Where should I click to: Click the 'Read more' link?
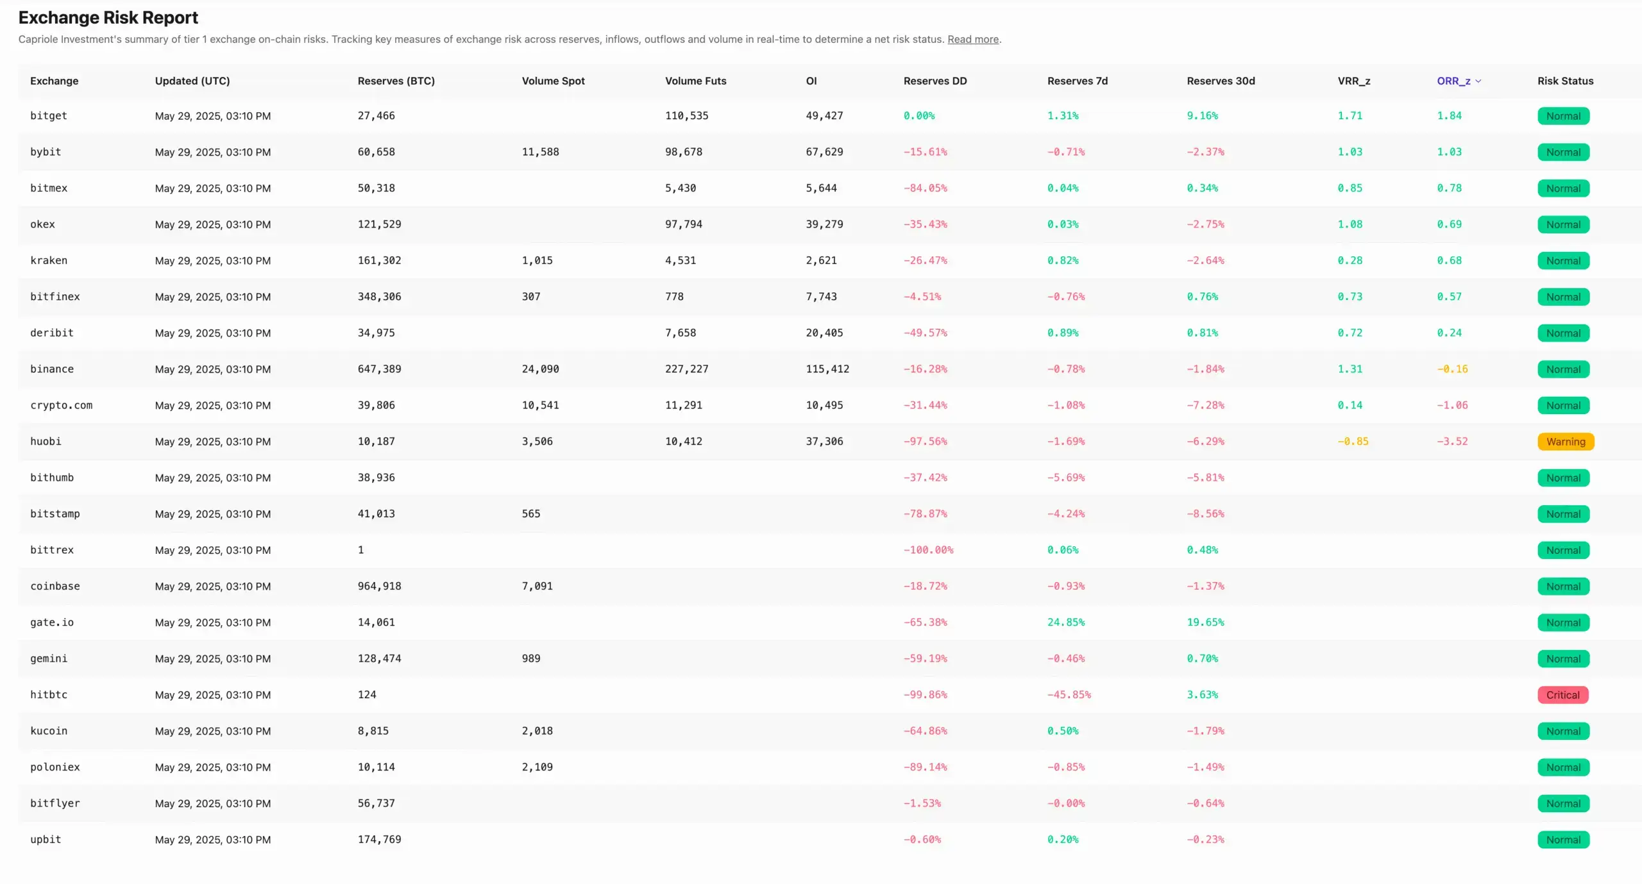972,39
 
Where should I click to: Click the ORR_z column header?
1453,81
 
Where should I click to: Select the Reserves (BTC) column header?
396,81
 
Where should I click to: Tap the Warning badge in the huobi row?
1565,442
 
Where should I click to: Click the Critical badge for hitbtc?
1562,695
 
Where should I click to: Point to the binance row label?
52,369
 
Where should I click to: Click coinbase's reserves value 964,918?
379,586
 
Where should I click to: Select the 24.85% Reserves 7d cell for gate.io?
1065,622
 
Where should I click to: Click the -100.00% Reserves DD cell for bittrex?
928,550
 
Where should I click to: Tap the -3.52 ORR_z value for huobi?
1452,442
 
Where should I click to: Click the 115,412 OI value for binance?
827,369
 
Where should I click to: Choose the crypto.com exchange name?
61,405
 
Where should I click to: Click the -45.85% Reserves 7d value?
1069,695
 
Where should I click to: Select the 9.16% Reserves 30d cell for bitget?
1202,116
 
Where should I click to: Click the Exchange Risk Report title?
108,17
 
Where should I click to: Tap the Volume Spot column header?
553,81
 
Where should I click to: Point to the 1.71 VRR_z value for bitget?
1350,116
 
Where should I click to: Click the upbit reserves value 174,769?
379,840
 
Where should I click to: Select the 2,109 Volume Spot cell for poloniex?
537,767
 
